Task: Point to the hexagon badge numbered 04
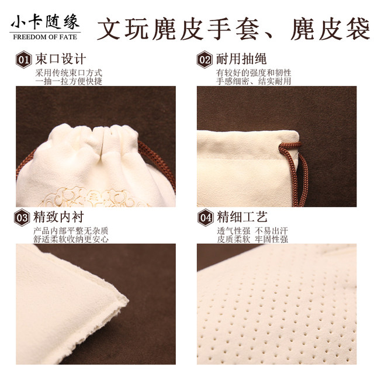coord(205,218)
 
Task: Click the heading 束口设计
coord(60,59)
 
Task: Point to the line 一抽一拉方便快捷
coord(68,81)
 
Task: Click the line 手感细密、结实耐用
coord(253,81)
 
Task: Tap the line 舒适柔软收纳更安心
coord(72,239)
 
